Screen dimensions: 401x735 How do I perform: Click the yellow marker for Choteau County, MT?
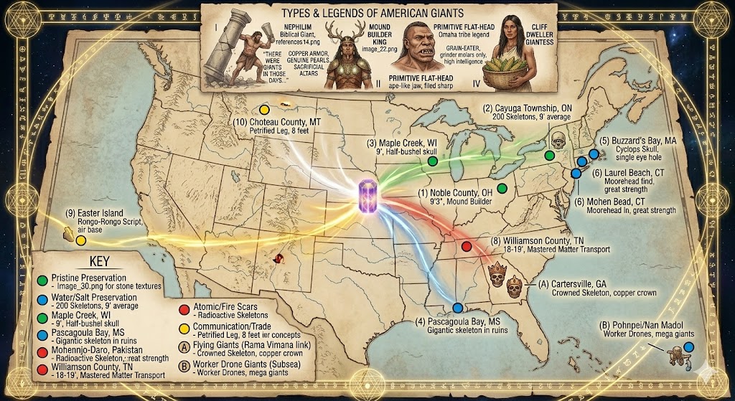(264, 110)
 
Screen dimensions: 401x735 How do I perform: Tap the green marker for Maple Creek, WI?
(432, 161)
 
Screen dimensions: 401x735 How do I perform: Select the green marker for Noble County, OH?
(502, 189)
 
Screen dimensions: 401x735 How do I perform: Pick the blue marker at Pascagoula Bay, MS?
(457, 308)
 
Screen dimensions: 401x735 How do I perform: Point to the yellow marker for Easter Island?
(80, 240)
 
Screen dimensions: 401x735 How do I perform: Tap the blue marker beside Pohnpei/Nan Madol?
(688, 347)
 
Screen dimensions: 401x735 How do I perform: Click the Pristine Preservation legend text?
(85, 277)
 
